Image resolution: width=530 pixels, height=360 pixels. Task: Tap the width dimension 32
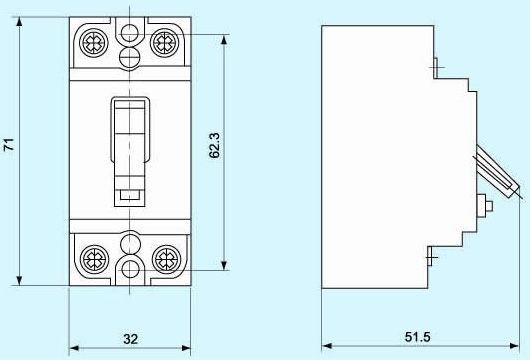tap(130, 339)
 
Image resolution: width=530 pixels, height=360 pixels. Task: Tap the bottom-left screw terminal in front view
tap(93, 254)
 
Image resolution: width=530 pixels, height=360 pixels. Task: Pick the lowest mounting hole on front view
tap(129, 268)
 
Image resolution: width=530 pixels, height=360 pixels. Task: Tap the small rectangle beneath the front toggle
tap(129, 194)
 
